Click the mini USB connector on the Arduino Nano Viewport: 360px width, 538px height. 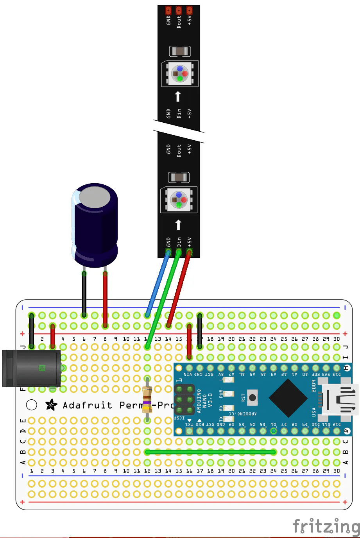340,399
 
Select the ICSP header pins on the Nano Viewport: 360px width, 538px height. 184,400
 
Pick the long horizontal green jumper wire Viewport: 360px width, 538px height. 210,452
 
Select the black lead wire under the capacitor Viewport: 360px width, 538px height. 84,293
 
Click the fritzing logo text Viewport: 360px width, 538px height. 326,526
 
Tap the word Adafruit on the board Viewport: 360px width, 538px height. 88,405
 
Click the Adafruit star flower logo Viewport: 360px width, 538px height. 51,405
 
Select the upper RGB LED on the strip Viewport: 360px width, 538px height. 180,73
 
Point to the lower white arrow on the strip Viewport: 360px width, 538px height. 178,225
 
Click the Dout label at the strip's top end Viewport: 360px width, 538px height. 179,21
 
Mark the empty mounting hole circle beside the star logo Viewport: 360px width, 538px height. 32,405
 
